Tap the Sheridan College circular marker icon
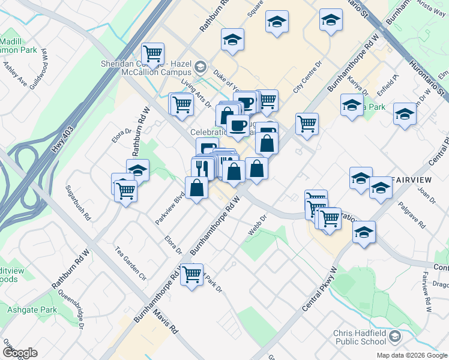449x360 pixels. click(200, 67)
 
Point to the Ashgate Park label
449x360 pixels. click(32, 310)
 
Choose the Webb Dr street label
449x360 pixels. click(256, 229)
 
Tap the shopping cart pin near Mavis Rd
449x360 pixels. click(192, 275)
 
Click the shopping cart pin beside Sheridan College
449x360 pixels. click(153, 54)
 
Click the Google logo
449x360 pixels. click(20, 353)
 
